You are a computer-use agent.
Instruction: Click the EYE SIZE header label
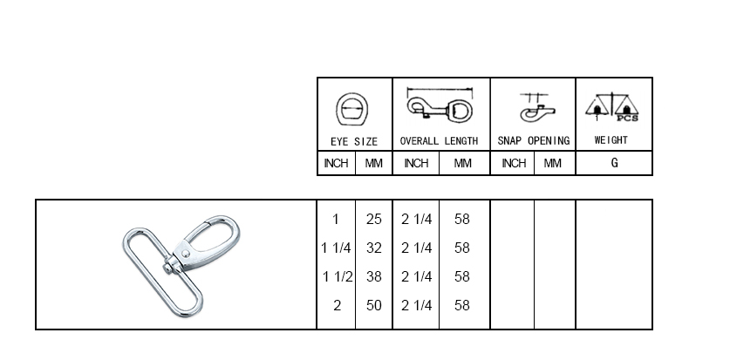(354, 141)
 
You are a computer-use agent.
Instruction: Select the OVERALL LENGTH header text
(439, 141)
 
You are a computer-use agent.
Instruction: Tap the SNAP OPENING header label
(534, 140)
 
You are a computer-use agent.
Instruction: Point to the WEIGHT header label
(611, 140)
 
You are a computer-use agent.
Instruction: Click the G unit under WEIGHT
(615, 163)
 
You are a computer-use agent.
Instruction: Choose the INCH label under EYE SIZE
(336, 163)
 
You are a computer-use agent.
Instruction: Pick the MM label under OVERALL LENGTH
(463, 163)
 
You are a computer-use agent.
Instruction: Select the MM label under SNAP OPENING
(553, 163)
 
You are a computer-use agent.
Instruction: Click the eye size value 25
(374, 219)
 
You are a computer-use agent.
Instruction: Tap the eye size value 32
(374, 248)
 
